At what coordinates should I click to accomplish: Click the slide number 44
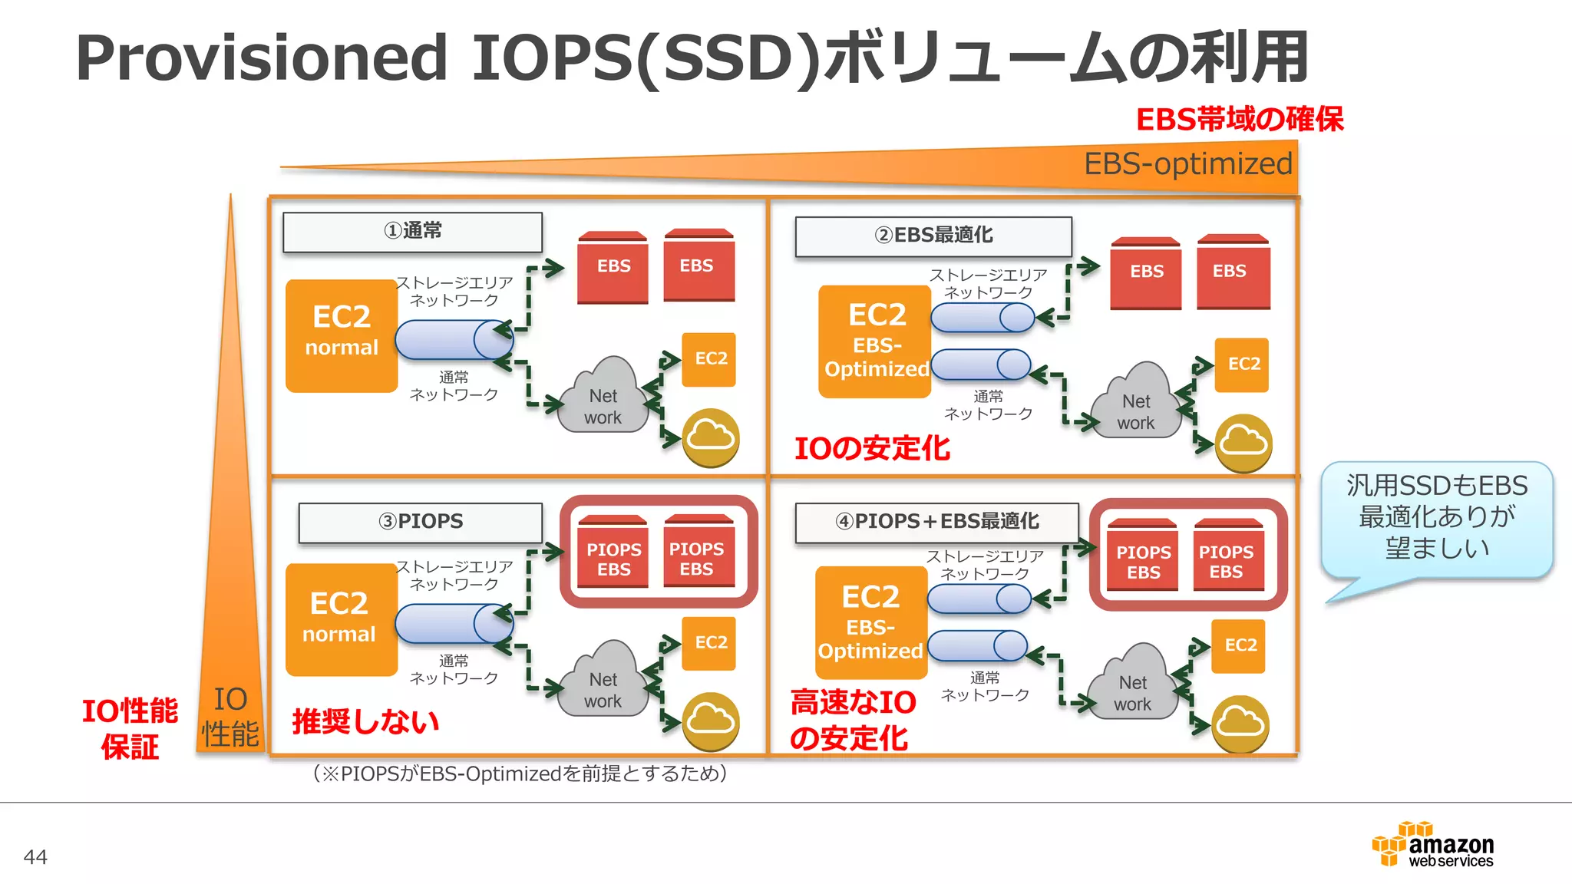(x=35, y=856)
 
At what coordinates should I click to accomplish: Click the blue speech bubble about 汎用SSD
(x=1436, y=518)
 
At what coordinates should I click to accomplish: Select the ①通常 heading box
(x=412, y=232)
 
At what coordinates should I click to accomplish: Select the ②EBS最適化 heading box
(x=933, y=236)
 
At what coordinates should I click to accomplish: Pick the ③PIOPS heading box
(x=420, y=523)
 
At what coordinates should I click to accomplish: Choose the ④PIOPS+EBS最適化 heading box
(x=936, y=523)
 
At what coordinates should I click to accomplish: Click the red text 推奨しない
(x=365, y=721)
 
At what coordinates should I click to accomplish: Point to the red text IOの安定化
(x=872, y=448)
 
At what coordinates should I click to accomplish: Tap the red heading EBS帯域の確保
(x=1240, y=120)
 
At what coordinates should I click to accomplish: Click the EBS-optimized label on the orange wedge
(x=1187, y=164)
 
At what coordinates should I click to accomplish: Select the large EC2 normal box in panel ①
(x=342, y=335)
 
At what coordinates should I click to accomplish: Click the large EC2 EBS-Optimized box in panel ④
(x=870, y=622)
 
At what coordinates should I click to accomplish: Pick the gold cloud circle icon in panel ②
(x=1243, y=443)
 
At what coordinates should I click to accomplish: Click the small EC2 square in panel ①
(x=709, y=359)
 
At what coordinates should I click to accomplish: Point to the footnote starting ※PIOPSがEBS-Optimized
(x=520, y=773)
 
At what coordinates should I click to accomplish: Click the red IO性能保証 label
(x=130, y=727)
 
